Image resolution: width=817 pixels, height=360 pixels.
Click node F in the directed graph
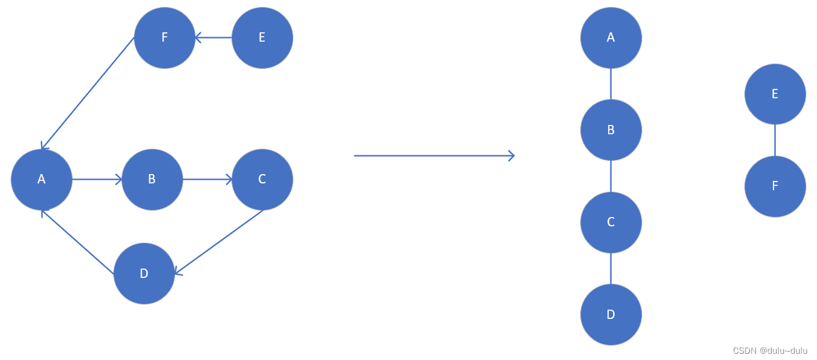click(165, 37)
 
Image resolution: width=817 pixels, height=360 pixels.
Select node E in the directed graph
click(262, 37)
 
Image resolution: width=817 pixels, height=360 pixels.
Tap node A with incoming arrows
click(42, 179)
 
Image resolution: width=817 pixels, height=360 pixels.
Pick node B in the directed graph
click(152, 179)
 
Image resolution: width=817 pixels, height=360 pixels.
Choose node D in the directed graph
click(144, 274)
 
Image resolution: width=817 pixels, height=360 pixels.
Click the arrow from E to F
click(213, 38)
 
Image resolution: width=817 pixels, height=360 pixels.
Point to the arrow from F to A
click(88, 93)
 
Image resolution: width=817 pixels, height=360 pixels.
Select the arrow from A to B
click(97, 180)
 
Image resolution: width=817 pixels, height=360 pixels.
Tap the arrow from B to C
click(208, 180)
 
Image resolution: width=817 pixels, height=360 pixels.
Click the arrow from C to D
click(219, 241)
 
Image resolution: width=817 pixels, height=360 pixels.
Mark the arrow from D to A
click(78, 242)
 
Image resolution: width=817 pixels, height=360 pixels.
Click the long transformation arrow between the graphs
click(434, 155)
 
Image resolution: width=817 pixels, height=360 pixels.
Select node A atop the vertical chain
click(611, 37)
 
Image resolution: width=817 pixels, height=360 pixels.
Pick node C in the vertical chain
click(611, 222)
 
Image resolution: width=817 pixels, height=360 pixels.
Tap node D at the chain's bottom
click(611, 315)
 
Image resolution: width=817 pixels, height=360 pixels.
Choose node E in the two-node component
click(775, 94)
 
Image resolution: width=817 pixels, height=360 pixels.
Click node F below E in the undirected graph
click(775, 186)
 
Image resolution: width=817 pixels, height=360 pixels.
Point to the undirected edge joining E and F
click(775, 140)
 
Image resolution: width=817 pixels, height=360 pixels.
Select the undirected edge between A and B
click(611, 84)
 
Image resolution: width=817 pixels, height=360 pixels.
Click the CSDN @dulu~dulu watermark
click(770, 351)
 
